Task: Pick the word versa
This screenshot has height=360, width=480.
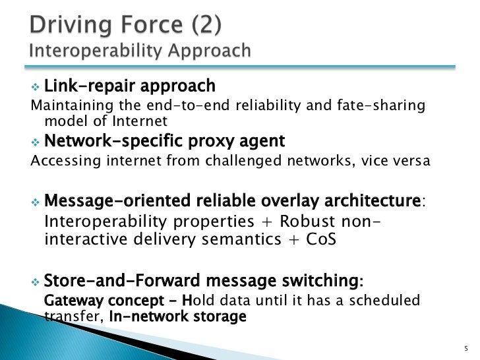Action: [413, 161]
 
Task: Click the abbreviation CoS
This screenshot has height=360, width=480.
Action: [321, 239]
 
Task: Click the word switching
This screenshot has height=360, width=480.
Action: [319, 282]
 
